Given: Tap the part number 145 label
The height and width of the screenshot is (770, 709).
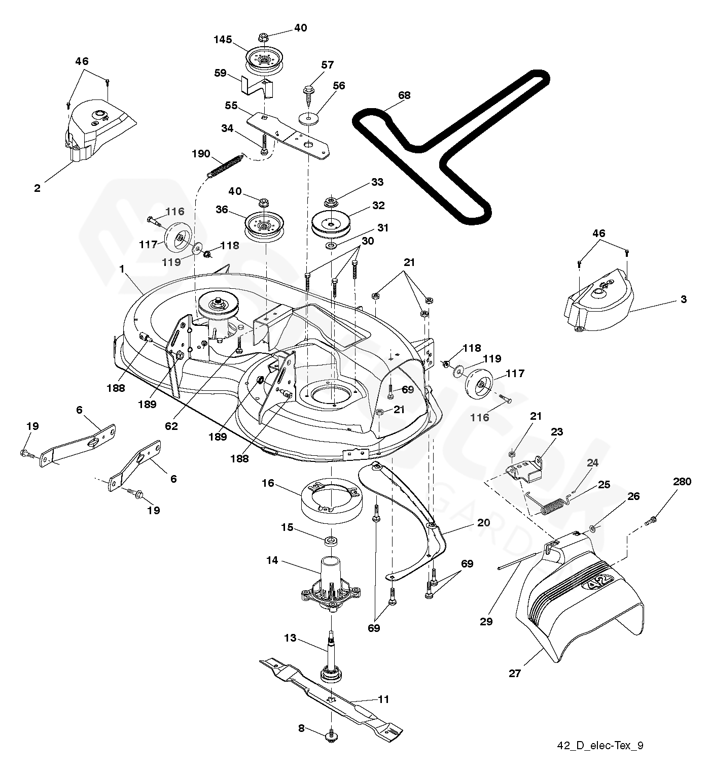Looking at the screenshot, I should point(236,40).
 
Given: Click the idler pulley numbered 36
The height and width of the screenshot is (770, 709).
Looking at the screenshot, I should point(264,225).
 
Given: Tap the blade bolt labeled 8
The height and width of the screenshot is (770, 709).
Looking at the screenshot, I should point(331,734).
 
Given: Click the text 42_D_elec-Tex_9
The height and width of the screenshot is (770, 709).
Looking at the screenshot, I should point(601,746).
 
